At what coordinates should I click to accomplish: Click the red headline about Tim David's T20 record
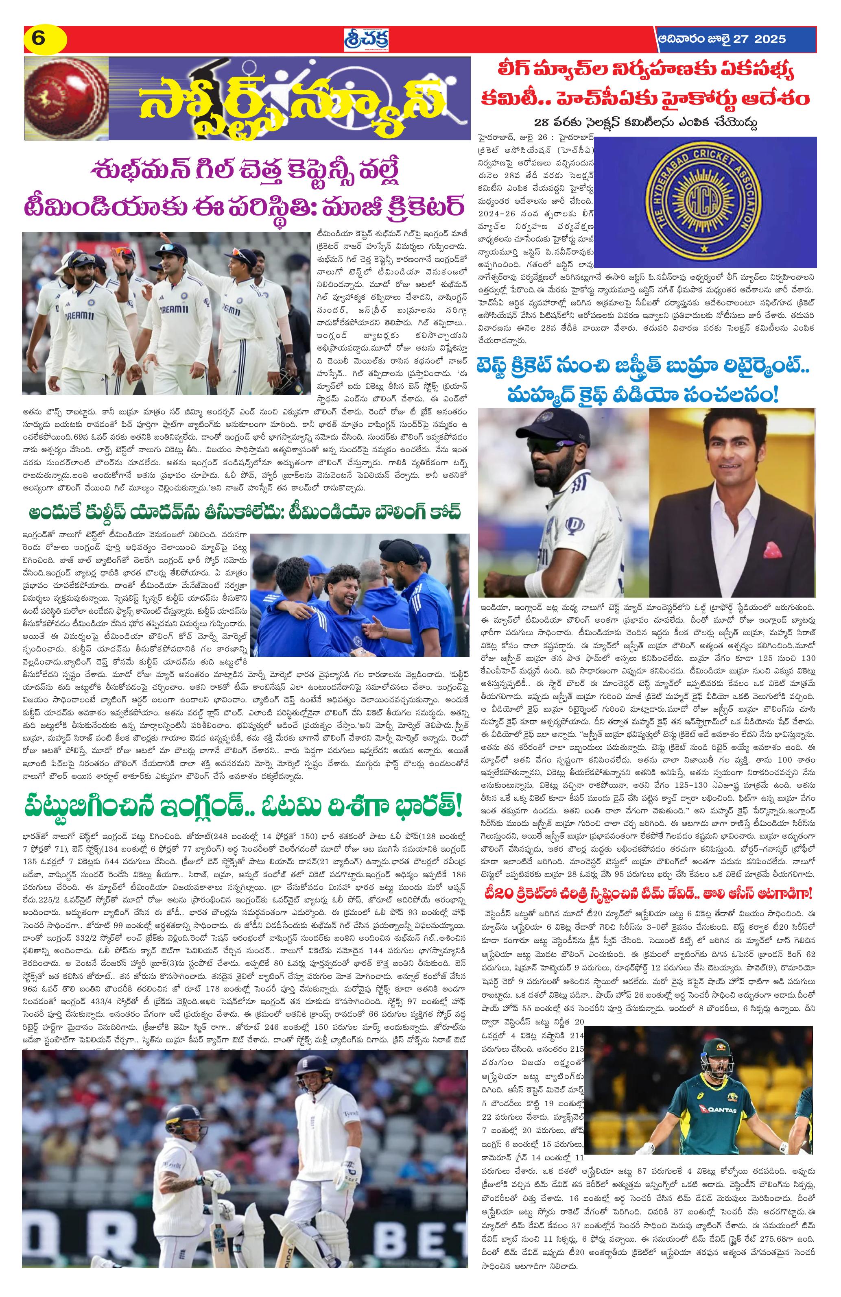[647, 893]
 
